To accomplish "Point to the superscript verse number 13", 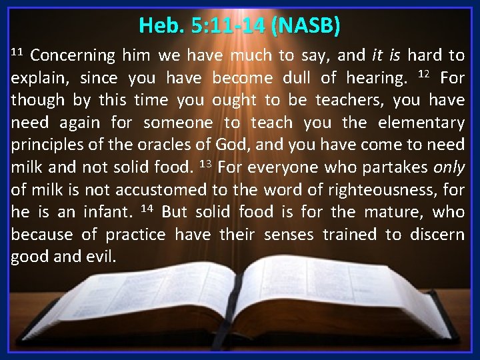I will click(207, 163).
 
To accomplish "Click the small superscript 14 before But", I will click(148, 209).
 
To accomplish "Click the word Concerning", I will click(71, 55).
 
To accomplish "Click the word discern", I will click(437, 235).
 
